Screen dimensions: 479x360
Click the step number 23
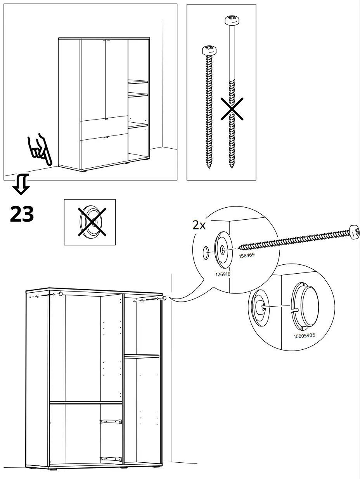tap(22, 214)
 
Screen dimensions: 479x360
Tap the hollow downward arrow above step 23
tap(21, 184)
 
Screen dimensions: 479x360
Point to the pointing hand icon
tap(38, 150)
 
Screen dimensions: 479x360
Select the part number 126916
tap(222, 274)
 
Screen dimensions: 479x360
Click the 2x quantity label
tap(199, 225)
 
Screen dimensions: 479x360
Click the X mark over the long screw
tap(232, 109)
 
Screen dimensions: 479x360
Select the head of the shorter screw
tap(209, 50)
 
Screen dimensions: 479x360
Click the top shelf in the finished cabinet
tap(138, 82)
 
